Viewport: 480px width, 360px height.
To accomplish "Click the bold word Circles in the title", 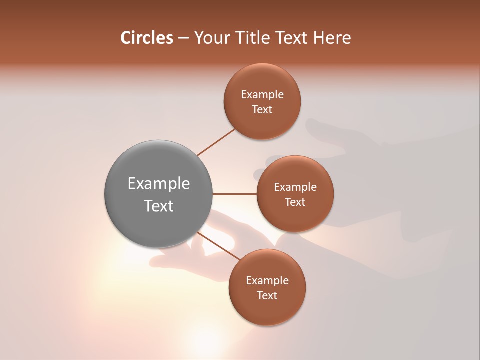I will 147,38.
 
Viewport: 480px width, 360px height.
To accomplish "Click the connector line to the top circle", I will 216,142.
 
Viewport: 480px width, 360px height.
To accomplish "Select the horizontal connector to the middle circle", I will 235,194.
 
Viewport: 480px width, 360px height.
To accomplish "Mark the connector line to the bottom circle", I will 218,246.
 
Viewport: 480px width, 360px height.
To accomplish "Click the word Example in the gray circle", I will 159,184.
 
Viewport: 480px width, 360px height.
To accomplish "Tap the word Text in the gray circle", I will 159,206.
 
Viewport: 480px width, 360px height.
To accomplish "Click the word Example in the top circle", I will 262,95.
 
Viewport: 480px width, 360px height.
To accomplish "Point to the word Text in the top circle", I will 262,110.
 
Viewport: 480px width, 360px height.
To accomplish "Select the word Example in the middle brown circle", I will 295,187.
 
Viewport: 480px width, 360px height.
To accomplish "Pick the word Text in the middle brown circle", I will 295,202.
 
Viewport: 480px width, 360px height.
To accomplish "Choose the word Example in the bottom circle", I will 267,281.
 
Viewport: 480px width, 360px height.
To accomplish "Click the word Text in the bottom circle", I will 267,296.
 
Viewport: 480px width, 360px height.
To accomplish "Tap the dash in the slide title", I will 183,38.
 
